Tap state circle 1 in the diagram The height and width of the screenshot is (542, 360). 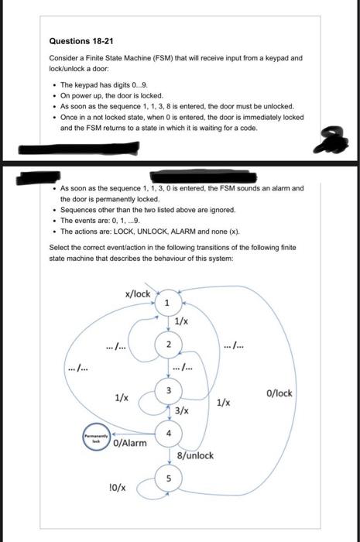click(166, 302)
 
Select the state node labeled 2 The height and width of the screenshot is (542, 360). click(166, 344)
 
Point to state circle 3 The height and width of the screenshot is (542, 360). click(166, 389)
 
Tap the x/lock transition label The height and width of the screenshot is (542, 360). click(137, 294)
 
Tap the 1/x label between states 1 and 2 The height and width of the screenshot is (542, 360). click(182, 321)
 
